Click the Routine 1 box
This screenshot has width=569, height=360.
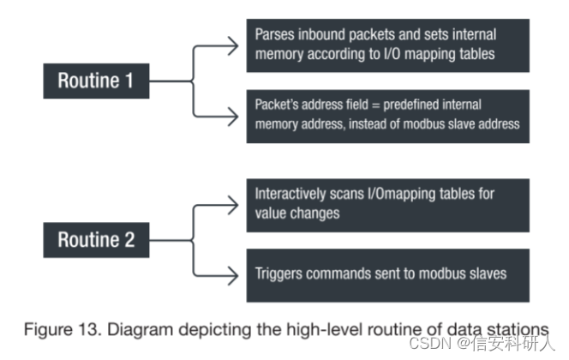click(97, 81)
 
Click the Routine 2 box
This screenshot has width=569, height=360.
click(97, 239)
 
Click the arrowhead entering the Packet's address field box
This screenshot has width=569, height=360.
click(237, 117)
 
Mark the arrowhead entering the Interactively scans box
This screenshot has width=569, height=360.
click(237, 204)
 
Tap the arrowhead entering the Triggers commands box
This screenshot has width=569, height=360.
click(237, 273)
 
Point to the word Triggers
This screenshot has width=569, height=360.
click(280, 273)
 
